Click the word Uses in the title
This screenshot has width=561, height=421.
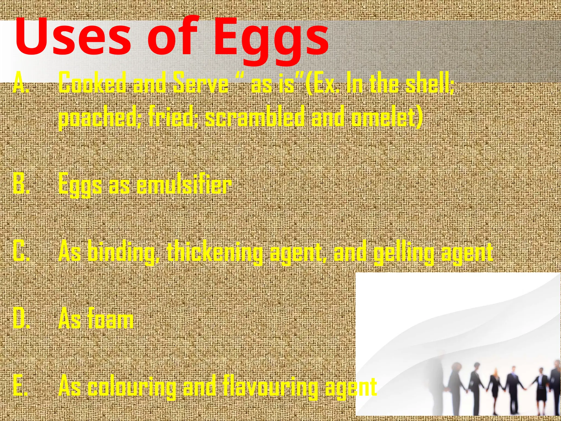pos(73,37)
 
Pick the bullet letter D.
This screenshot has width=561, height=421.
pos(21,319)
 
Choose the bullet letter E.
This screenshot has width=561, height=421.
pos(20,386)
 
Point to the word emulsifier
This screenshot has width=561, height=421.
pos(184,184)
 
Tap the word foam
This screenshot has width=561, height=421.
pos(110,319)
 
